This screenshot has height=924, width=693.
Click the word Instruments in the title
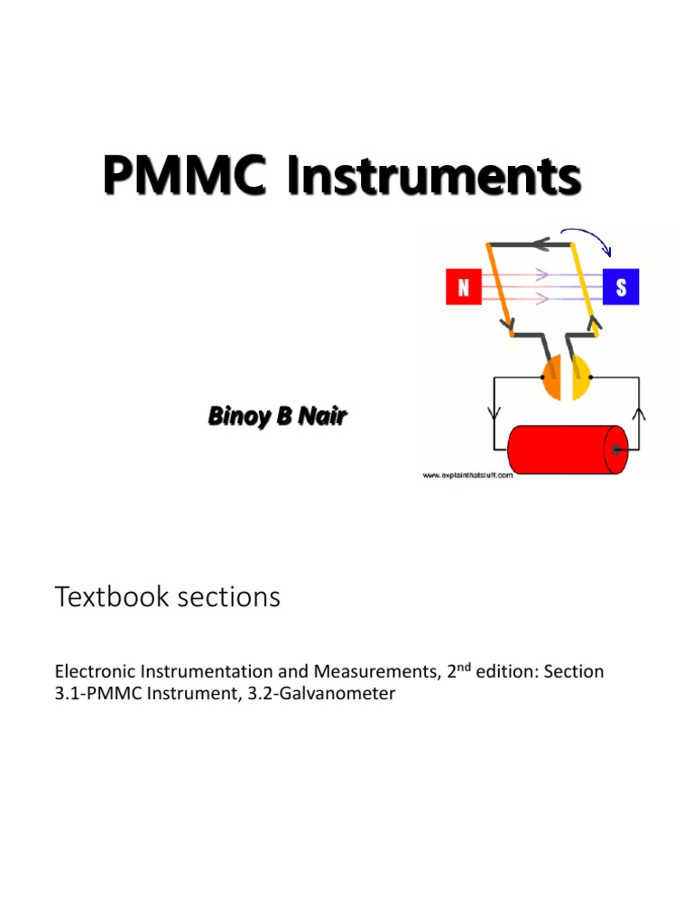pos(434,175)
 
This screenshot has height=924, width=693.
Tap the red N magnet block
pos(464,289)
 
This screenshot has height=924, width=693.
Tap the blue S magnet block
pos(622,289)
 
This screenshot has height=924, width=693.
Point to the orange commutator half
pos(553,377)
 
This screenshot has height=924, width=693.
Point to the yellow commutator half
pos(580,377)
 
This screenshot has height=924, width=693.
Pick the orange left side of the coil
pos(499,289)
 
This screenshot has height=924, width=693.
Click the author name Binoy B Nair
pos(277,417)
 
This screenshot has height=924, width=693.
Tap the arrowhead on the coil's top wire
pos(539,244)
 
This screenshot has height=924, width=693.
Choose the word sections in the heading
pos(234,597)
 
